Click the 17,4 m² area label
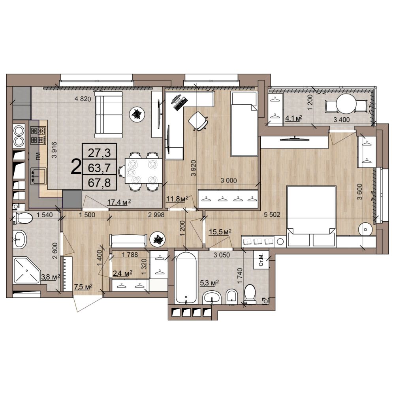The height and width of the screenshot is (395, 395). [119, 202]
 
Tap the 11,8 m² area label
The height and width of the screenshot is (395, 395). [177, 199]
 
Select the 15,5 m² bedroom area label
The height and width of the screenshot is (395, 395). [220, 232]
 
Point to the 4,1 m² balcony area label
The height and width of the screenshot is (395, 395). [293, 118]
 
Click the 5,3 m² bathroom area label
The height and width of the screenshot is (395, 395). [209, 283]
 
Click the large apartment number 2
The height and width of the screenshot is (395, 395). [76, 167]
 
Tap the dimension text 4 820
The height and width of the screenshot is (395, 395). [83, 99]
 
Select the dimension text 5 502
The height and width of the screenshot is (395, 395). [272, 215]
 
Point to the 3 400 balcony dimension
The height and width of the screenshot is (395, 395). [341, 120]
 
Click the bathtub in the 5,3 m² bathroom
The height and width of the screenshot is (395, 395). [186, 278]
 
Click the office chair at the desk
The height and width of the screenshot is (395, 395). [198, 121]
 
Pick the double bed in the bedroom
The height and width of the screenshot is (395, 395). [311, 216]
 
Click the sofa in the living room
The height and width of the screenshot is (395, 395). [108, 115]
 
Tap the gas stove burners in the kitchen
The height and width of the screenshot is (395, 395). [38, 135]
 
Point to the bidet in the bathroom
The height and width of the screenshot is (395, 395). [232, 297]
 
